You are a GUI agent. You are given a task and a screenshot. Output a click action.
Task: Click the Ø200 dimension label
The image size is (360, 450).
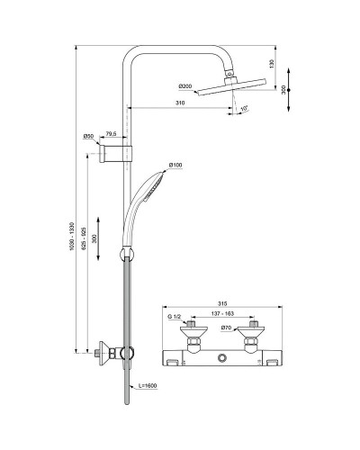tap(184, 86)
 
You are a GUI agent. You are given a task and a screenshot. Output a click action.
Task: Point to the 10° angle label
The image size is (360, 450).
tap(243, 108)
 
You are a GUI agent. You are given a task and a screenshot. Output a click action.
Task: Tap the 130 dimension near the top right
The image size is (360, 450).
tap(271, 65)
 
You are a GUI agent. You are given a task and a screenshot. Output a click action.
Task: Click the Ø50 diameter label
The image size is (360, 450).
tap(89, 136)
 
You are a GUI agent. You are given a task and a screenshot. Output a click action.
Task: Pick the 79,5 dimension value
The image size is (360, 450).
tap(111, 134)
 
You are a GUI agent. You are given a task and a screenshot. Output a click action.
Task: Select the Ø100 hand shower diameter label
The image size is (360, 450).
tap(176, 165)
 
